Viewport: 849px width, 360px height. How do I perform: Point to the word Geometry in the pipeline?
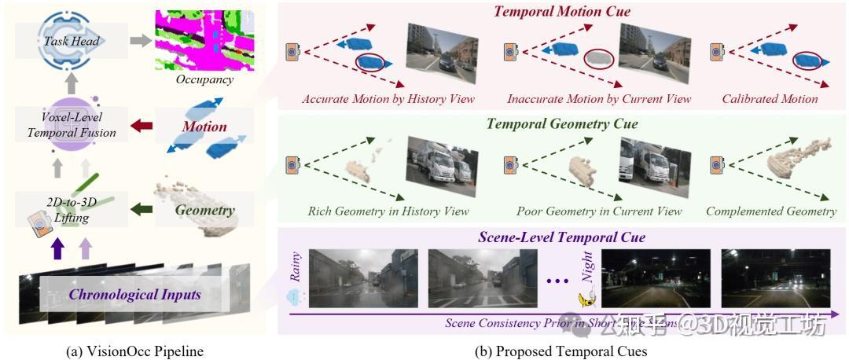204,210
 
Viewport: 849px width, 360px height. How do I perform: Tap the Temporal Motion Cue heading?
561,12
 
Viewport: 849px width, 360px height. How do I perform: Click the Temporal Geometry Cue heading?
561,124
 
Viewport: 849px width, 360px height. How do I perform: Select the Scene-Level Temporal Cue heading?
561,237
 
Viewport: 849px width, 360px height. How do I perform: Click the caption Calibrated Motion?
770,99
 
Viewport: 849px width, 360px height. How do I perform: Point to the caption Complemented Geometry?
770,211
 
